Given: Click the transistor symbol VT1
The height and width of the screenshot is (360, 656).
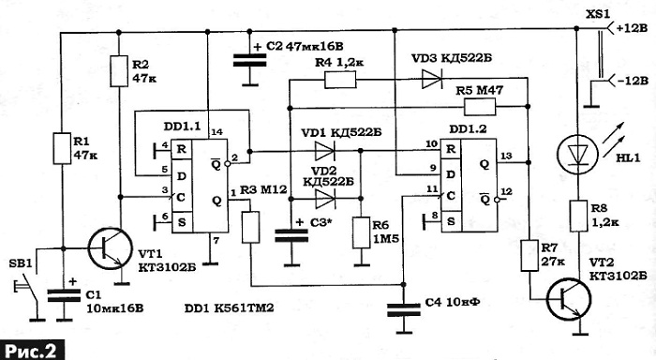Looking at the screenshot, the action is [x=111, y=249].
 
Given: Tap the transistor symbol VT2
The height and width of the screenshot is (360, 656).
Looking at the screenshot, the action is [x=569, y=300].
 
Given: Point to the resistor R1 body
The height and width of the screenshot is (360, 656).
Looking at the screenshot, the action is [x=62, y=148].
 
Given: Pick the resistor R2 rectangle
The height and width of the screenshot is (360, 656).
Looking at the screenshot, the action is [x=119, y=71].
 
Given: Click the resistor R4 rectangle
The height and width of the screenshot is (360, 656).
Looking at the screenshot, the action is [x=340, y=80].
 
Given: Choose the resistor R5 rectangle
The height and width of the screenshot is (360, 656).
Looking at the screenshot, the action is [x=480, y=107].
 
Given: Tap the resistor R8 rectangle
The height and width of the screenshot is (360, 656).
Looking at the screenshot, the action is [x=578, y=216].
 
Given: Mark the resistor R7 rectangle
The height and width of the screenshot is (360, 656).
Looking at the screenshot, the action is [x=529, y=255].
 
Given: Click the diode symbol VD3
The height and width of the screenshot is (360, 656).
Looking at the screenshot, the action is [x=431, y=79].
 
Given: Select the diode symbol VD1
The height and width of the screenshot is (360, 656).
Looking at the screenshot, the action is [x=325, y=151].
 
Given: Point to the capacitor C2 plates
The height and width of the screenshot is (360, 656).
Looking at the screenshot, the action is [x=250, y=59].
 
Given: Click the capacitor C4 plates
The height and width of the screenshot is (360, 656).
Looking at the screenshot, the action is [x=403, y=311].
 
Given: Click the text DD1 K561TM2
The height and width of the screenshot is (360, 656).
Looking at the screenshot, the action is [x=229, y=308].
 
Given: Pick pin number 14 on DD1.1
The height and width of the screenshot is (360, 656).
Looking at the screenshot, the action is [x=216, y=132].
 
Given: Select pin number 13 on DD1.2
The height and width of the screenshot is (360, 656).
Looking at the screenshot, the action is [x=506, y=157].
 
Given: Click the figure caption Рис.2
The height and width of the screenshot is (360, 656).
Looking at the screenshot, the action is [x=32, y=351].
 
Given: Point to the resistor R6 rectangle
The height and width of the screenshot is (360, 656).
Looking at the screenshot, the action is [x=361, y=232].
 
